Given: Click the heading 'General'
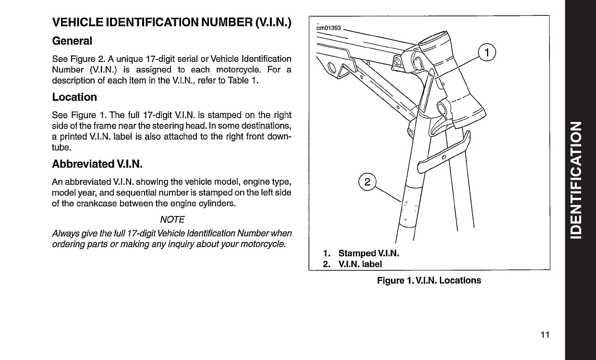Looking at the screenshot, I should (x=72, y=41).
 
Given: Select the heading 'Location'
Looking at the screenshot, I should (x=74, y=97).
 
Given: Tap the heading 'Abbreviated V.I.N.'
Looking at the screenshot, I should (x=97, y=164).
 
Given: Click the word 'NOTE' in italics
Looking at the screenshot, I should (x=172, y=219).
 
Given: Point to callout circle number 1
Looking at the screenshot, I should (x=487, y=52).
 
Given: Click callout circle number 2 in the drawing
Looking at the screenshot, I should (x=367, y=182).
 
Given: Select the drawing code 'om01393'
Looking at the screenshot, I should (x=328, y=28).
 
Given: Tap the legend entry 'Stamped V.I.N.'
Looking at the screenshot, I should (x=369, y=253).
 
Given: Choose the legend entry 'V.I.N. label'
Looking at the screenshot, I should (x=360, y=264).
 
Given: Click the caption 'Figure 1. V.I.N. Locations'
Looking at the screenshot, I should (x=429, y=280).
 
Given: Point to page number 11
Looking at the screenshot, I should (x=544, y=335).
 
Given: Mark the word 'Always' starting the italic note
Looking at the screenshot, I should (x=64, y=233).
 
